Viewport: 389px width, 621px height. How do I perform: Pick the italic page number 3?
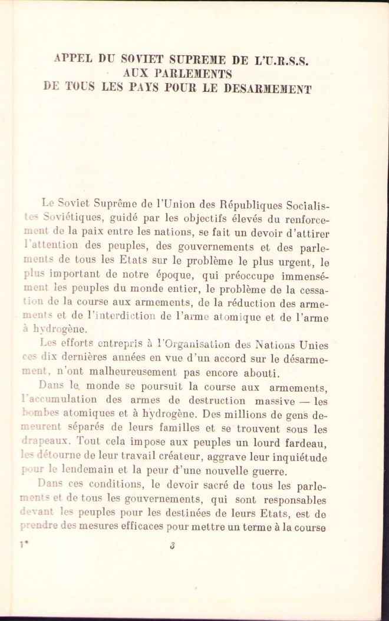[x=172, y=545]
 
